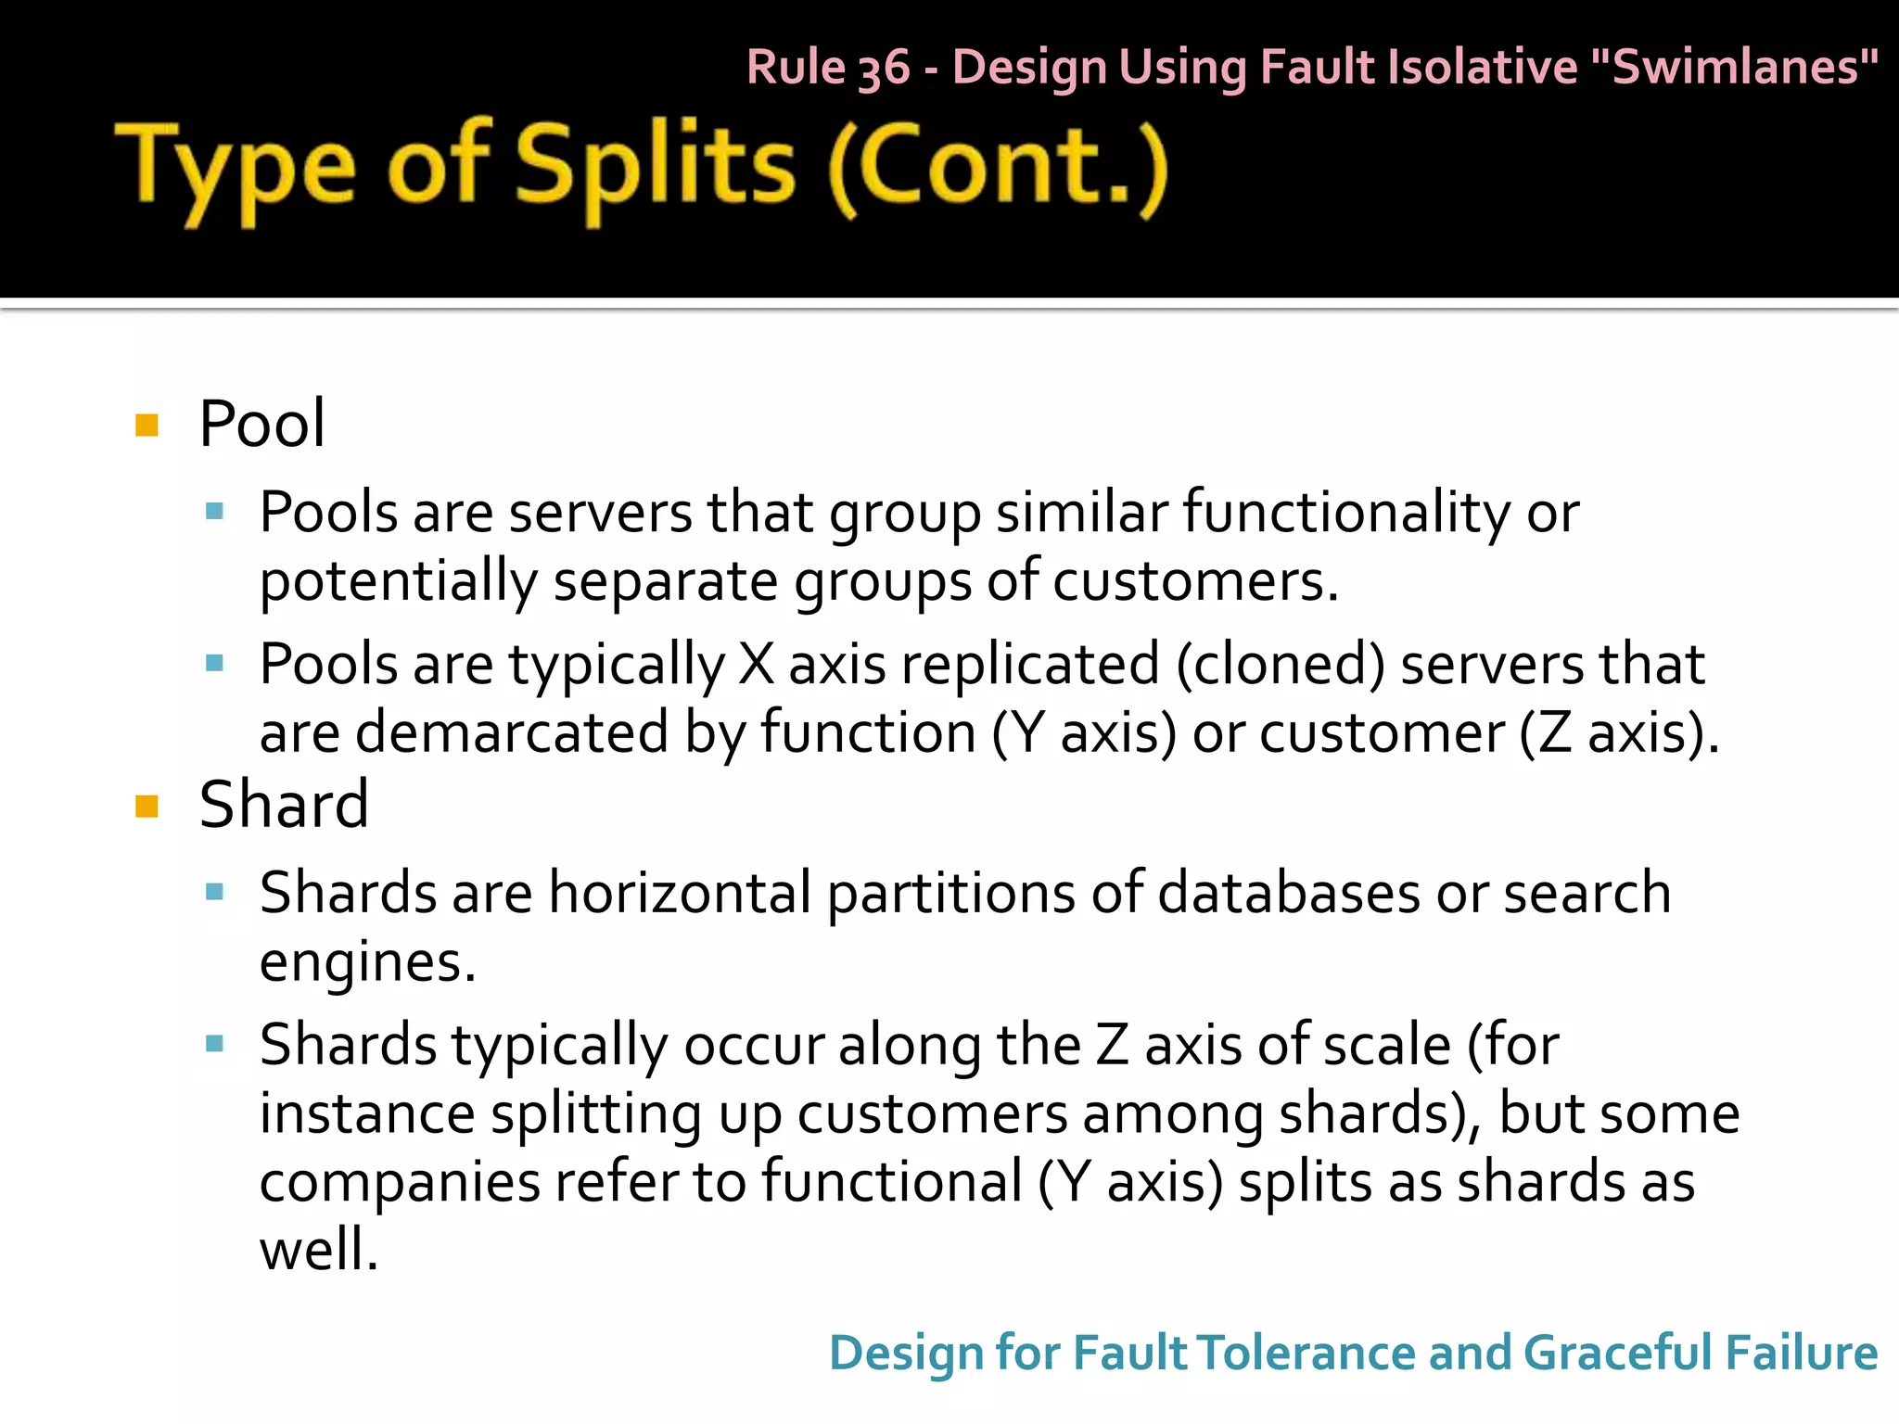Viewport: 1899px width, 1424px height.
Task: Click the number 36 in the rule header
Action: [x=884, y=69]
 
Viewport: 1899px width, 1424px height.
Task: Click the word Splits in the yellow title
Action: [x=654, y=167]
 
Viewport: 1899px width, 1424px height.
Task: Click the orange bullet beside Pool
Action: [x=147, y=426]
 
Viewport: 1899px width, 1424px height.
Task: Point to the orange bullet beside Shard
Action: [x=147, y=806]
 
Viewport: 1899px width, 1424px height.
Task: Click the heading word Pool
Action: [x=261, y=424]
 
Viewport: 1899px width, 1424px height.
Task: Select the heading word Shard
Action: [x=284, y=804]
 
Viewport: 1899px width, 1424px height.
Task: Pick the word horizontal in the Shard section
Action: [x=680, y=893]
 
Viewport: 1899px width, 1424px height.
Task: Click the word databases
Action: [x=1289, y=893]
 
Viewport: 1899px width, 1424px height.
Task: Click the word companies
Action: [x=400, y=1183]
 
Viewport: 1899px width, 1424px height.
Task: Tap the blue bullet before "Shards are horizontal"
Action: [x=215, y=893]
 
